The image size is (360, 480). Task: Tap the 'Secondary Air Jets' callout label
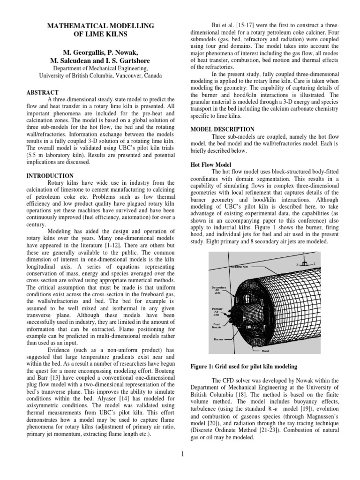(x=219, y=290)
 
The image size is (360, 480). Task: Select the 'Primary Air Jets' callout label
(x=217, y=312)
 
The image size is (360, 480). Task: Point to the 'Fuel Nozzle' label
(x=217, y=325)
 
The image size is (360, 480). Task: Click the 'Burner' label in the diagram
(x=218, y=339)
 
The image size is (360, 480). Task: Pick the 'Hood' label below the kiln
(x=265, y=350)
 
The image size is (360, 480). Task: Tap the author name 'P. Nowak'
(x=123, y=52)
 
